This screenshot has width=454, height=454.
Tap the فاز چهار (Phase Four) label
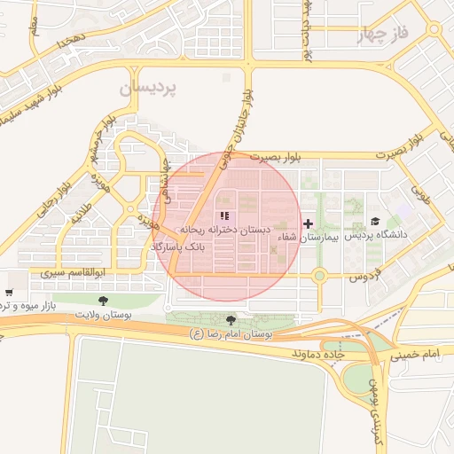coord(382,35)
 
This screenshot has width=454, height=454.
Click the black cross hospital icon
coord(308,223)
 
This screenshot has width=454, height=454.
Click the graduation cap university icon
coord(375,222)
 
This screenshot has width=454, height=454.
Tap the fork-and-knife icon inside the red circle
coord(225,215)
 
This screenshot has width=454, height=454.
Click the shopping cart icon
coord(9,293)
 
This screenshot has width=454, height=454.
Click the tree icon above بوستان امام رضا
coord(231,320)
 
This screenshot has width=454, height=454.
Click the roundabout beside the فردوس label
coord(319,276)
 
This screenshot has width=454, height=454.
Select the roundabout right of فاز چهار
coord(433,29)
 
